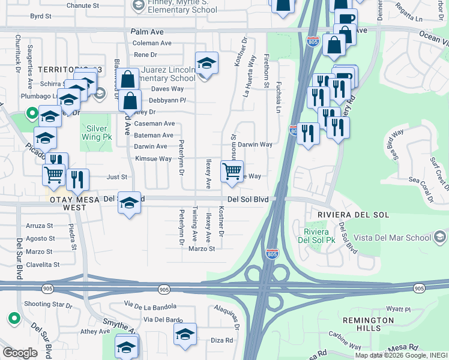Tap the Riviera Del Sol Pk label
click(317, 237)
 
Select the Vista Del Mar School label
click(391, 238)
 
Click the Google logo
click(19, 353)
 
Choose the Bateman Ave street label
click(154, 136)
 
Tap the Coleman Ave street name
click(152, 43)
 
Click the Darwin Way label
click(255, 145)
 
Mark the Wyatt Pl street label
click(398, 310)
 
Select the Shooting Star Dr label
click(48, 305)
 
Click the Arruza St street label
click(40, 227)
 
